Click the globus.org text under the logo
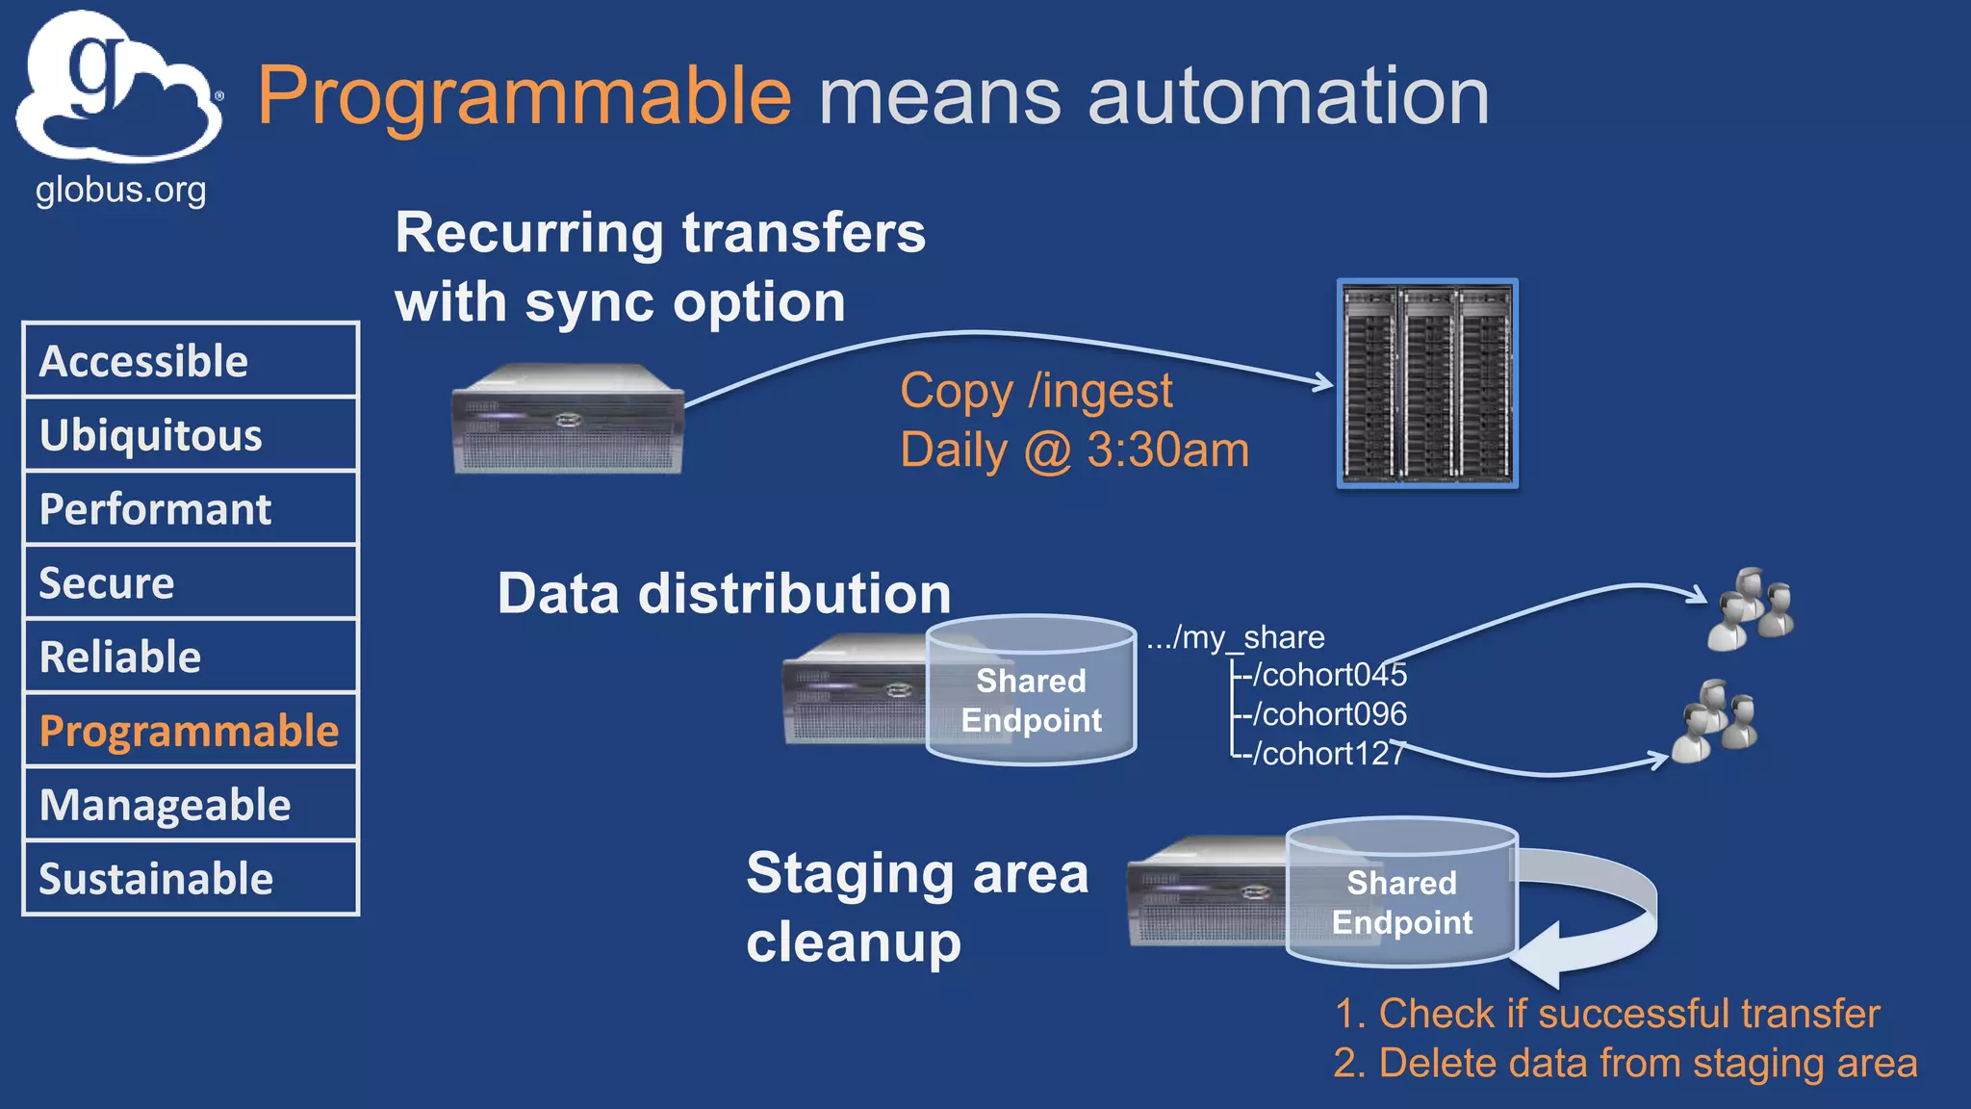(120, 190)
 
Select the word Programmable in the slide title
(525, 96)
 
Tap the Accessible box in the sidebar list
(191, 361)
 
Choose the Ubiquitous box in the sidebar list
(191, 435)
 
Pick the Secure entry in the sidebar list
(191, 582)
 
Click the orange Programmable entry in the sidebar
(191, 731)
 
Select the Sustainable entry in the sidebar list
(191, 878)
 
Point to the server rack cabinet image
(1427, 383)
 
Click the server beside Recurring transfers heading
(568, 419)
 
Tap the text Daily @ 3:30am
(1074, 451)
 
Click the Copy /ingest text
(1036, 391)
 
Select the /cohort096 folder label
(1328, 714)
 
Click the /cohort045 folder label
(1328, 675)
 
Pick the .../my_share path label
(1236, 637)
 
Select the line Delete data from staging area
(1625, 1064)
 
